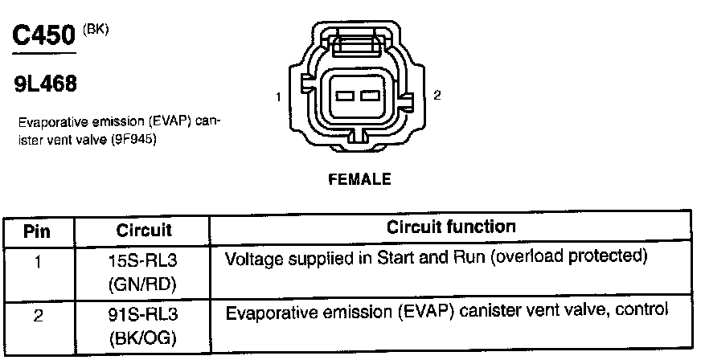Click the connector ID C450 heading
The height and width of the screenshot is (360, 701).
pos(45,36)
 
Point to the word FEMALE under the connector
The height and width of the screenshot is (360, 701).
pos(359,180)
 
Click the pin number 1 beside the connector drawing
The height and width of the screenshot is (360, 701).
pos(277,97)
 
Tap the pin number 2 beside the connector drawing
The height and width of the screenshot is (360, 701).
pos(437,96)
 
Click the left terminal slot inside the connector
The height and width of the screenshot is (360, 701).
pos(344,96)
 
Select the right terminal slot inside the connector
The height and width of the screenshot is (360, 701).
pos(369,96)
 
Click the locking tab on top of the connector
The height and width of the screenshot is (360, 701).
pos(359,42)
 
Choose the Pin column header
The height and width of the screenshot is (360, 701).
pos(37,231)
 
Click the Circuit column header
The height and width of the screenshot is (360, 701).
pos(144,231)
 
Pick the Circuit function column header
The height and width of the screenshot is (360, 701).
pos(451,227)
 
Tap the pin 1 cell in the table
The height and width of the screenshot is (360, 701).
pos(37,261)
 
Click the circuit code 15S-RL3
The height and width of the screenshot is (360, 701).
pos(145,261)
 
